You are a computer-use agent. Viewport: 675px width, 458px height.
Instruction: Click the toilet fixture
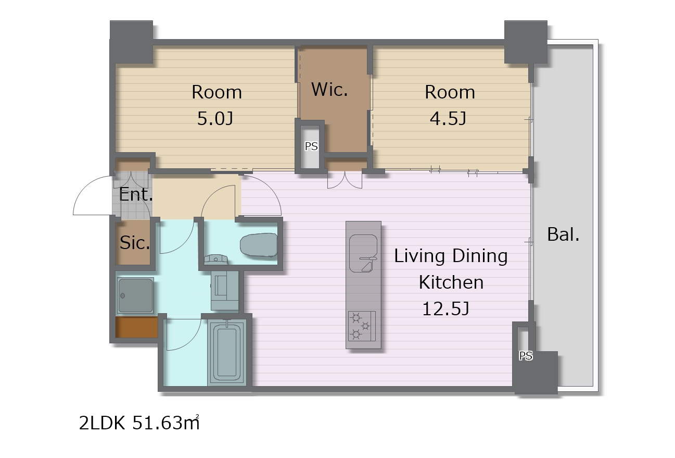(x=259, y=245)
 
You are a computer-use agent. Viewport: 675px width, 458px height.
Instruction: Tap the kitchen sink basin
(x=363, y=253)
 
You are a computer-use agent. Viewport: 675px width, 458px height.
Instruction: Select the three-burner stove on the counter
(x=362, y=326)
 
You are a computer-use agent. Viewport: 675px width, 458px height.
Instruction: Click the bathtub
(x=226, y=352)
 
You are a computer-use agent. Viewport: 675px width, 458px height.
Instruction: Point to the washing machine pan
(x=135, y=295)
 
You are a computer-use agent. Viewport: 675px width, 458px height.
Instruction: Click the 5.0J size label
(x=215, y=119)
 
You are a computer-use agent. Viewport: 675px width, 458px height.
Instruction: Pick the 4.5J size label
(x=448, y=119)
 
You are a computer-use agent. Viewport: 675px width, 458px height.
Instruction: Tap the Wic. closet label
(x=329, y=90)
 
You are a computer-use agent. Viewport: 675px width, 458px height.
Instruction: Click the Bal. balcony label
(x=563, y=234)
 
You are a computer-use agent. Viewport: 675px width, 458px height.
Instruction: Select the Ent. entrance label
(x=136, y=194)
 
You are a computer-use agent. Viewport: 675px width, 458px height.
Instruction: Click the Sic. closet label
(x=135, y=243)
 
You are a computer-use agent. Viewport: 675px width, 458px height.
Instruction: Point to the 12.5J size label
(x=445, y=309)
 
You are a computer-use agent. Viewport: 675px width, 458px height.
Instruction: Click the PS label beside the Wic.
(x=311, y=146)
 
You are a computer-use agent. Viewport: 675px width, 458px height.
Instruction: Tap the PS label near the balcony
(x=526, y=356)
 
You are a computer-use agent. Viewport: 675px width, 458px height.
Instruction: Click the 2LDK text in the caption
(x=102, y=423)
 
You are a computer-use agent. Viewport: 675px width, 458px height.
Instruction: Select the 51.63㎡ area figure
(x=166, y=423)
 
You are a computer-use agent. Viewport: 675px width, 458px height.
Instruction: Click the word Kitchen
(x=451, y=282)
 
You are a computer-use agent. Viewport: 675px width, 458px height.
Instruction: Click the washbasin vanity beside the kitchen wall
(x=225, y=290)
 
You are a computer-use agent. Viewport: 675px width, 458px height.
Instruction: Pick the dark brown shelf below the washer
(x=137, y=327)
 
